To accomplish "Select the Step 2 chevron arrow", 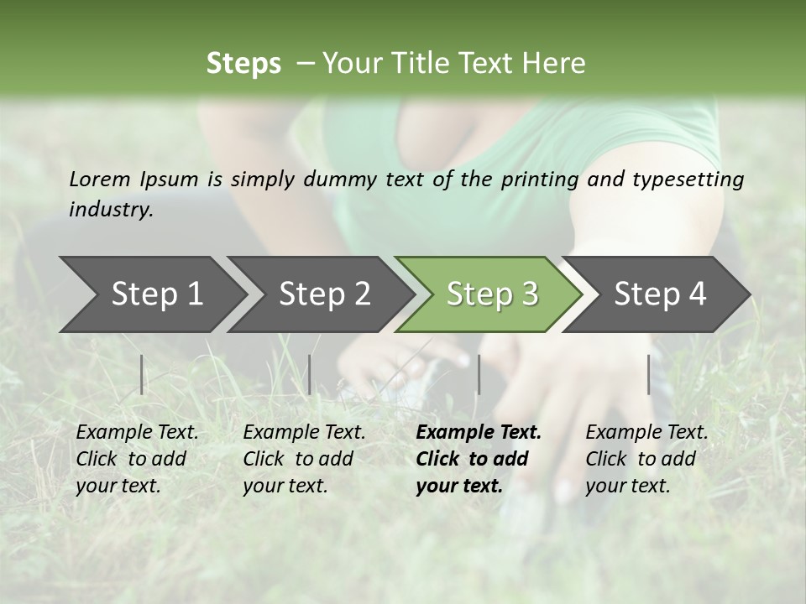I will (x=324, y=294).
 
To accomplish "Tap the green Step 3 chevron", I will (x=492, y=294).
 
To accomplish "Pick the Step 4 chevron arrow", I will (x=660, y=294).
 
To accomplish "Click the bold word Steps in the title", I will (x=243, y=63).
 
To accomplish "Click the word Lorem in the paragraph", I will (x=99, y=179).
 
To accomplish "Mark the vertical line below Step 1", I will (x=142, y=374).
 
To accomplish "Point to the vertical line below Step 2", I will (x=310, y=374).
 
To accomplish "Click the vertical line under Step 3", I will (x=479, y=374).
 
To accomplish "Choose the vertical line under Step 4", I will (x=649, y=374).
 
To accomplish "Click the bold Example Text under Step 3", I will (x=479, y=433).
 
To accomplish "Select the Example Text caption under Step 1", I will (x=137, y=433).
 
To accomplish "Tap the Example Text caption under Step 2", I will (x=304, y=433).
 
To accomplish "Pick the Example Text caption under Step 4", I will (x=646, y=433).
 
